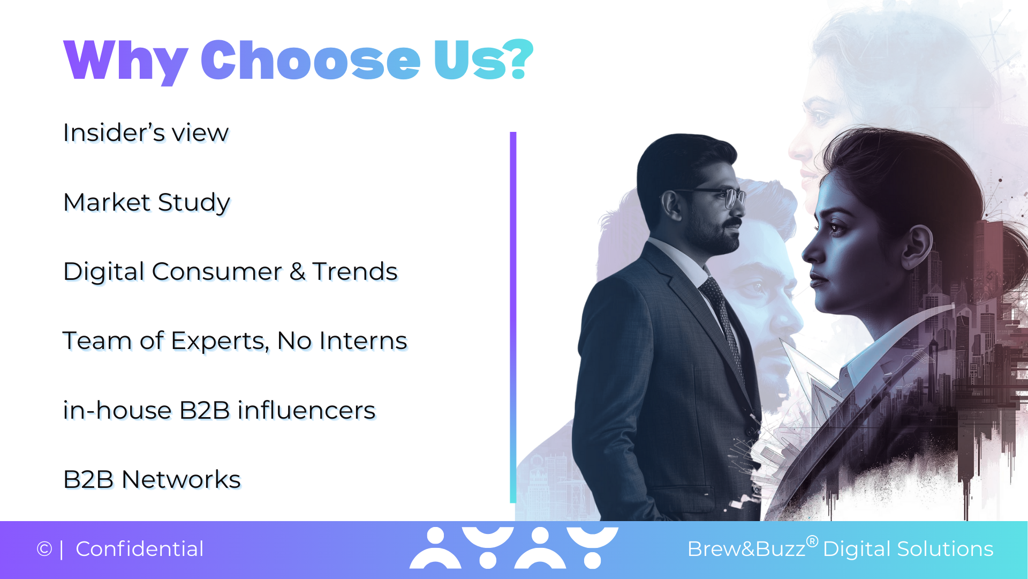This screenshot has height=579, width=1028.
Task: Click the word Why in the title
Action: tap(126, 61)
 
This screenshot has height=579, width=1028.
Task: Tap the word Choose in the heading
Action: tap(311, 60)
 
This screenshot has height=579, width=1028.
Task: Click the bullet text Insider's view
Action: tap(146, 132)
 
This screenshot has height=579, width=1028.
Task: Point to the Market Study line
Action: tap(147, 203)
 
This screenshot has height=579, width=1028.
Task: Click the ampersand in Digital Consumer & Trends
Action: tap(298, 271)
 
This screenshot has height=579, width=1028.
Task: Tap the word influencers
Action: tap(306, 410)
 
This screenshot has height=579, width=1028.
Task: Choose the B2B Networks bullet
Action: tap(152, 479)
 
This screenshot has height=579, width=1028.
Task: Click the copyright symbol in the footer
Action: tap(44, 549)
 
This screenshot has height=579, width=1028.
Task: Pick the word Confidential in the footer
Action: tap(140, 549)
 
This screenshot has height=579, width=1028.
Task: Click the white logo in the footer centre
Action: tap(514, 547)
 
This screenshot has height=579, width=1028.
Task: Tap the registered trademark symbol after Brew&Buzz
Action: tap(812, 541)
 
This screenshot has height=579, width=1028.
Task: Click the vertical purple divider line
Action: tap(513, 317)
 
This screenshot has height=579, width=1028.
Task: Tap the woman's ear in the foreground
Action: tap(917, 246)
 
